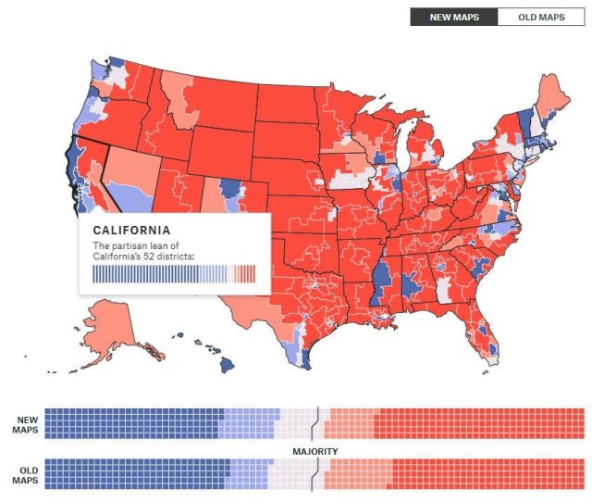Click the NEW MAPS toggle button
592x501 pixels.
[x=453, y=17]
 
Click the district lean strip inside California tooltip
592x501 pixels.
[x=174, y=273]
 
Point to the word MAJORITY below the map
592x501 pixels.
[x=314, y=451]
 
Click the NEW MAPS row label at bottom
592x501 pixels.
[x=25, y=424]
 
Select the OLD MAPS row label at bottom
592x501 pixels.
[x=25, y=474]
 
